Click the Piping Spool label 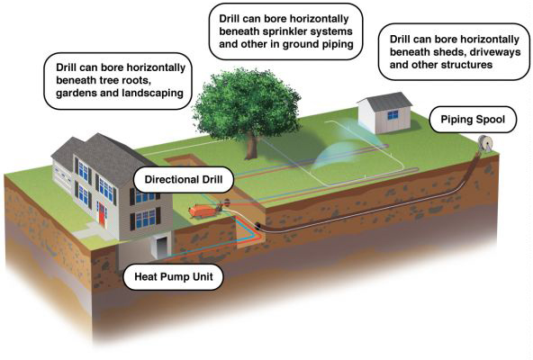coord(473,120)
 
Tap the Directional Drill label coord(184,179)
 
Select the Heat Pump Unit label coord(174,276)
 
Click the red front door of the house coord(102,214)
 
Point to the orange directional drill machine coord(203,210)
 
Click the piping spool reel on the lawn coord(484,144)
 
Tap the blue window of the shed coord(393,115)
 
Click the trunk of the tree coord(251,146)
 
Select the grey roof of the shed coord(387,101)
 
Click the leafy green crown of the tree coord(247,104)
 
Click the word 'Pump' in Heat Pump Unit coord(175,277)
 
